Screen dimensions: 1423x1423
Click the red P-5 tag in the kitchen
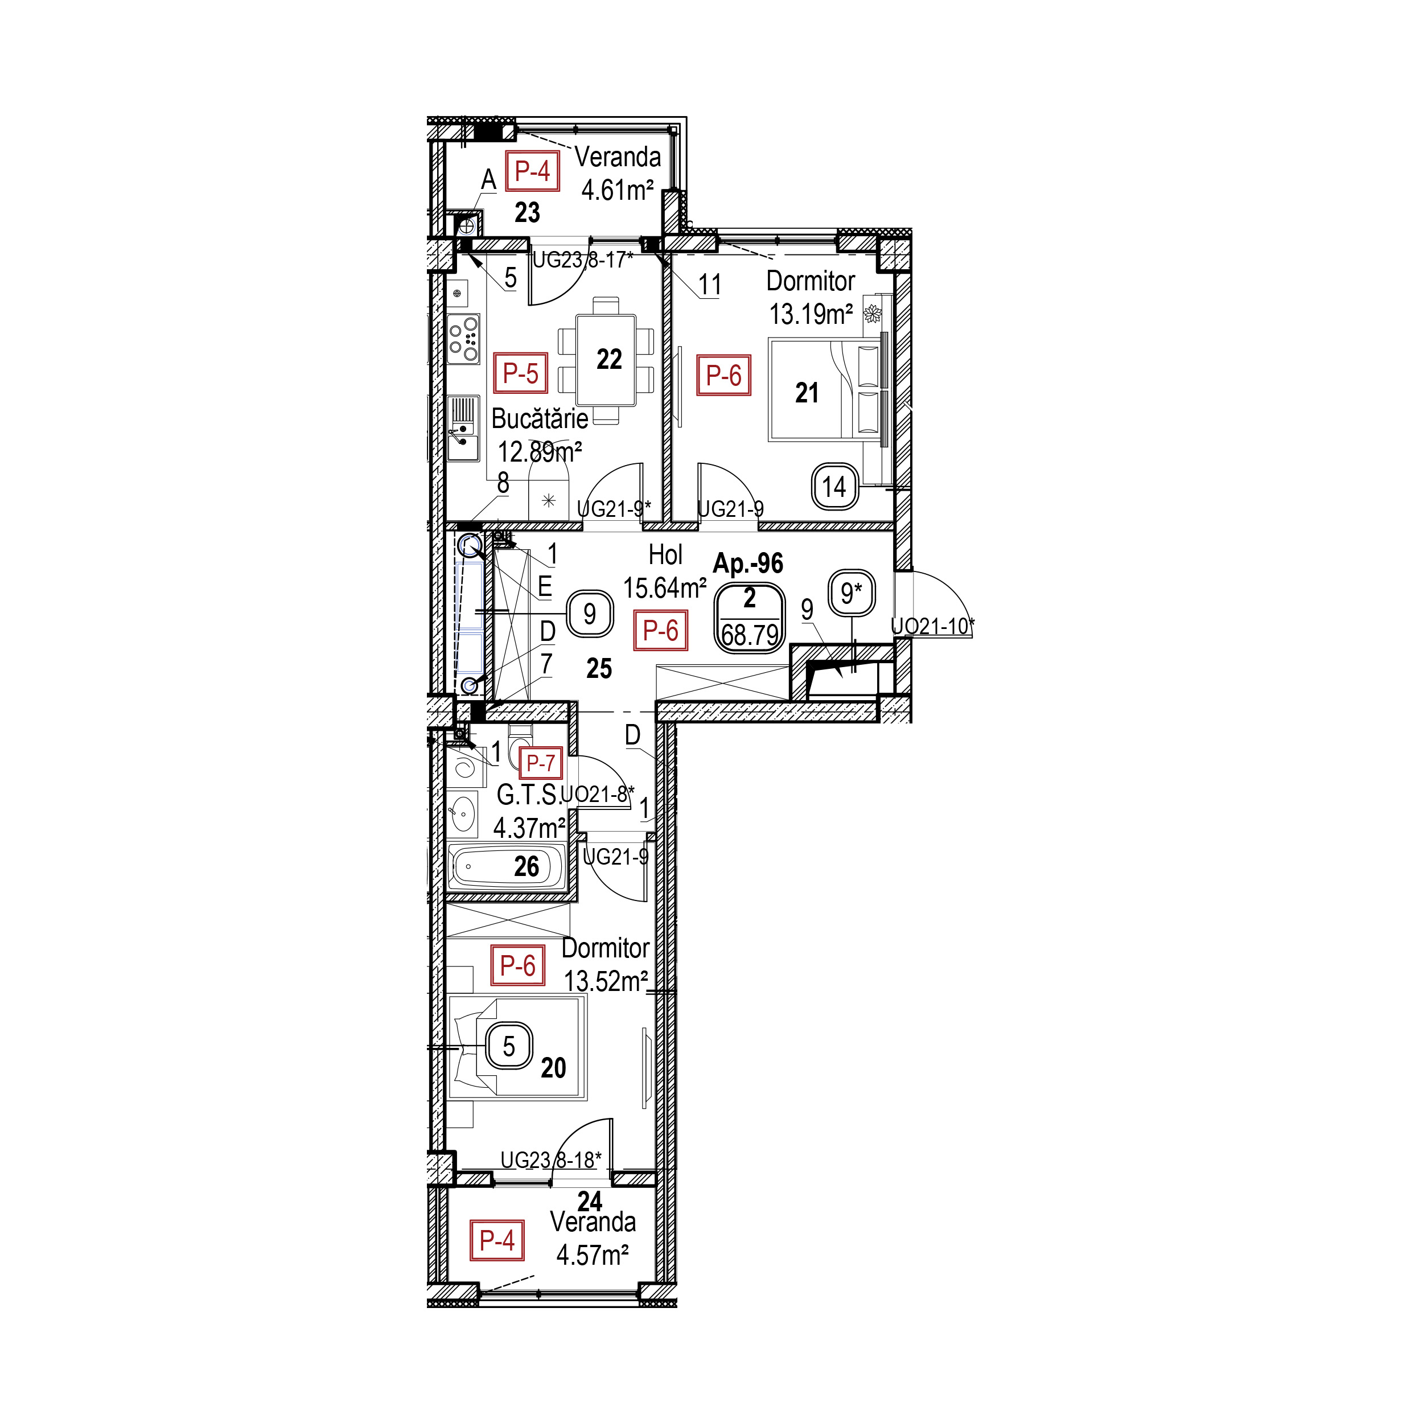tap(520, 373)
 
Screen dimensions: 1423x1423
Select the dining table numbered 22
tap(606, 360)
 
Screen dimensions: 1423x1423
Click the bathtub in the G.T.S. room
tap(507, 866)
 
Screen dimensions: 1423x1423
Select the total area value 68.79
tap(750, 634)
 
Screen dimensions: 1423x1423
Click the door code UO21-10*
tap(932, 626)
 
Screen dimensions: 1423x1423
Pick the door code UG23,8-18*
tap(551, 1160)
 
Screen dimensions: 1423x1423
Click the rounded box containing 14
tap(834, 486)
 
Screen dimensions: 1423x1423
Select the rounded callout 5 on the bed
tap(508, 1047)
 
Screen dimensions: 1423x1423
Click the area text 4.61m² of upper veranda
tap(617, 191)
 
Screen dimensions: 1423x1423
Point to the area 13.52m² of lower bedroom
tap(606, 981)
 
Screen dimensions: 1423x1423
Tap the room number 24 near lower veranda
tap(590, 1202)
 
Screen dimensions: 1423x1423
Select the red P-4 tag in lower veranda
tap(496, 1240)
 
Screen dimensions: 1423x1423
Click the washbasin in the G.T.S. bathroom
tap(462, 814)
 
